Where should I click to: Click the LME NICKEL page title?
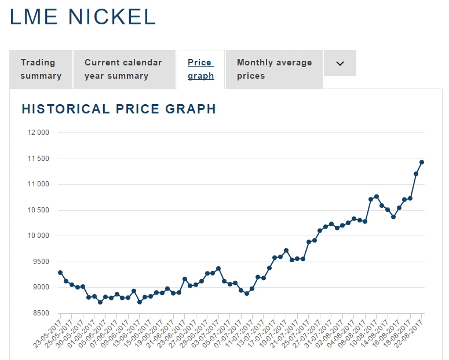tap(83, 17)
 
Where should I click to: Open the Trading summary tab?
tap(41, 69)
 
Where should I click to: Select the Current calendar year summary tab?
tap(123, 69)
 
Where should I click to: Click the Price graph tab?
tap(200, 69)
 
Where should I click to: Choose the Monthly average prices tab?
tap(274, 69)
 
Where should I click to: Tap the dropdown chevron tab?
tap(340, 64)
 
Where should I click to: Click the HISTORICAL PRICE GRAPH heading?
tap(119, 109)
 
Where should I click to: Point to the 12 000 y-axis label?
tap(38, 133)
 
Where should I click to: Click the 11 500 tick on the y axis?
tap(38, 159)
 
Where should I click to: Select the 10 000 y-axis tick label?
tap(38, 236)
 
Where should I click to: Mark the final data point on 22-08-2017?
tap(422, 162)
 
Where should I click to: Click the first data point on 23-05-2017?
tap(60, 273)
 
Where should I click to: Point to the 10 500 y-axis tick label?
tap(38, 211)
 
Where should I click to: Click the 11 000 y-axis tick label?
tap(38, 185)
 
